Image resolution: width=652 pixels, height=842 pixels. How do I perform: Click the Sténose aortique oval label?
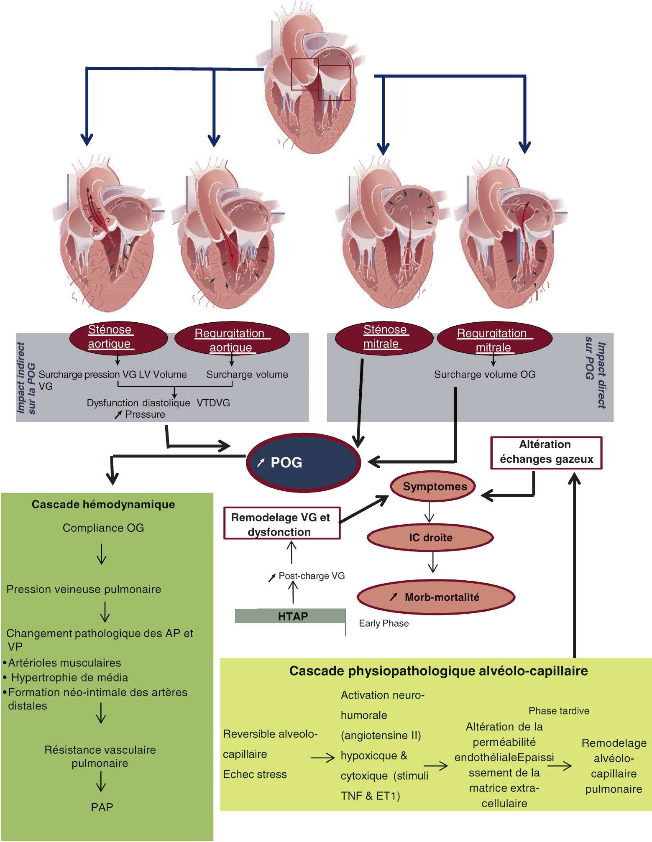click(x=118, y=337)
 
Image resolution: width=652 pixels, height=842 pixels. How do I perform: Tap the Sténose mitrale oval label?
click(x=384, y=337)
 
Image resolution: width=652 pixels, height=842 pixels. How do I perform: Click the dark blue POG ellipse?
click(x=303, y=462)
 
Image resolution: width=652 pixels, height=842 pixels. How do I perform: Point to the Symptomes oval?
click(x=433, y=486)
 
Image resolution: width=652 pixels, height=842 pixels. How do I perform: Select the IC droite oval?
click(x=430, y=537)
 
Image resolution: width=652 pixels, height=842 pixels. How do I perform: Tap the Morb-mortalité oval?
click(x=436, y=597)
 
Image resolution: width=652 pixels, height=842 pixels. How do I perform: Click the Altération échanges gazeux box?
click(x=546, y=452)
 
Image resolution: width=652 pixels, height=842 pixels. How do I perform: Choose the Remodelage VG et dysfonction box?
click(x=282, y=524)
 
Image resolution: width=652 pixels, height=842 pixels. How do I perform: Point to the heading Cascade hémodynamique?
click(x=103, y=504)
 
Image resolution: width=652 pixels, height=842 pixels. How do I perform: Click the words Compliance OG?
click(x=103, y=528)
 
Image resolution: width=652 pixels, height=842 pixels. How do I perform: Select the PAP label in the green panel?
click(x=102, y=807)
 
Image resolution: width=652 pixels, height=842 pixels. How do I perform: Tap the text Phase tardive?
click(x=559, y=711)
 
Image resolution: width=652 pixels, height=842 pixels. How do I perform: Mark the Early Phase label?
click(x=384, y=623)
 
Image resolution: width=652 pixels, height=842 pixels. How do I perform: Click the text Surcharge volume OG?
click(x=485, y=374)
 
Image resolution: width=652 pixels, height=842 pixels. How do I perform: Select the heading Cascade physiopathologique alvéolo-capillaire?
click(x=438, y=671)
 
